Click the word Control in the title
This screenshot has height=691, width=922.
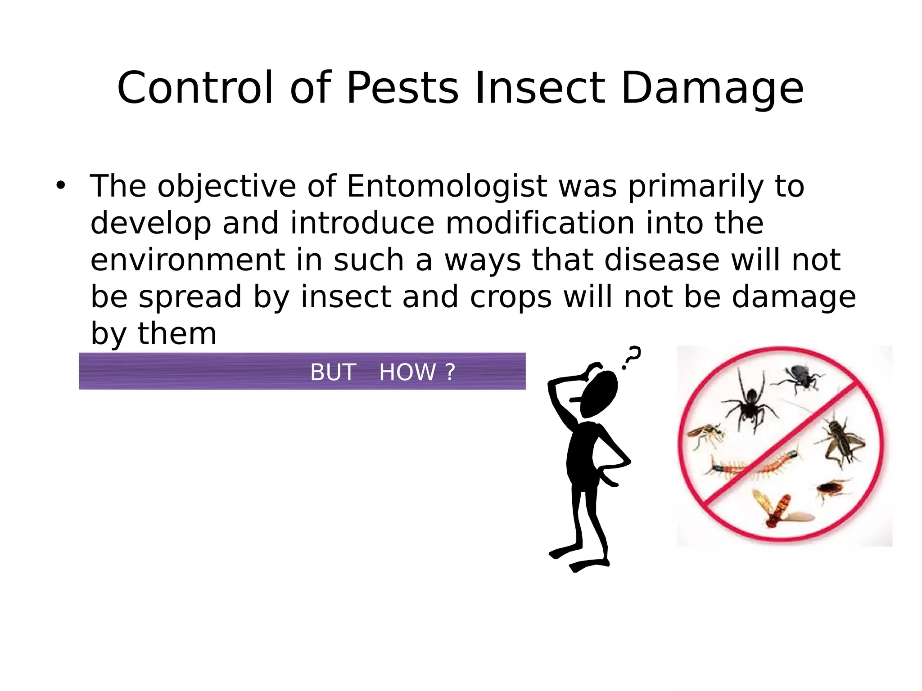click(194, 88)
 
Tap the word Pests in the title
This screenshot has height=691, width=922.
click(402, 88)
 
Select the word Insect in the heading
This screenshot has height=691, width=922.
click(539, 88)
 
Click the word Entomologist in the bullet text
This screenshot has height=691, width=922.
click(447, 186)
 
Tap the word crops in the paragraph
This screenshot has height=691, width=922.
click(511, 297)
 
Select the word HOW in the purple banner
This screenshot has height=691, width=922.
click(407, 372)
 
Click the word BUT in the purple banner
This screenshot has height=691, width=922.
click(333, 372)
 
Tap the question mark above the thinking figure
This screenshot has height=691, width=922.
click(632, 357)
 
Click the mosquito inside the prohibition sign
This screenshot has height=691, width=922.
click(705, 434)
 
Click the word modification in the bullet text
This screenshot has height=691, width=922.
click(540, 223)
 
